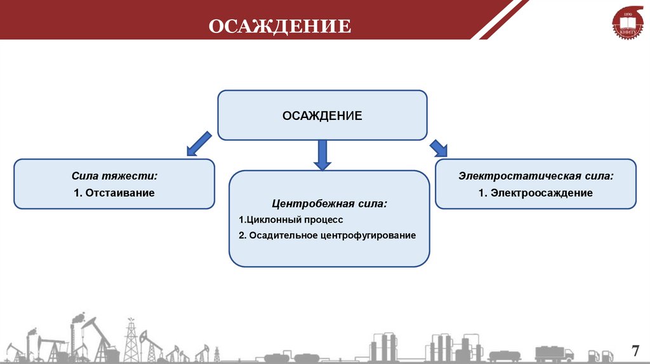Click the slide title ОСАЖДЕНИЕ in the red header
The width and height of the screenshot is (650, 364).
tap(279, 26)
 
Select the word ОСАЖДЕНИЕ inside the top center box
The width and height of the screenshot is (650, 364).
tap(322, 115)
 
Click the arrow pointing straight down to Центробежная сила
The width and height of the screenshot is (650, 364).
tap(322, 155)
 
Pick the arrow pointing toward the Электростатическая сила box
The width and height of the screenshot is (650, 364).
tap(438, 148)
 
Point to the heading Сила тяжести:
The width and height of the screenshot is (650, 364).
tap(114, 176)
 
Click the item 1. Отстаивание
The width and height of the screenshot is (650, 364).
tap(114, 193)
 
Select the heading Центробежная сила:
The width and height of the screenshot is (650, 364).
tap(329, 204)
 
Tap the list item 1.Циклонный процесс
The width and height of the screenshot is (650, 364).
tap(291, 219)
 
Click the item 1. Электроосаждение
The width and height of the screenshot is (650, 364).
tap(535, 193)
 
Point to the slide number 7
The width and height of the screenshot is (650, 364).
tap(634, 351)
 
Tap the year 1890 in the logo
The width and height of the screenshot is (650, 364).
tap(628, 13)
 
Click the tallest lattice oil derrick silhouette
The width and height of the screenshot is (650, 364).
tap(131, 341)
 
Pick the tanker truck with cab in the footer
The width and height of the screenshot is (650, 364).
tap(554, 353)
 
